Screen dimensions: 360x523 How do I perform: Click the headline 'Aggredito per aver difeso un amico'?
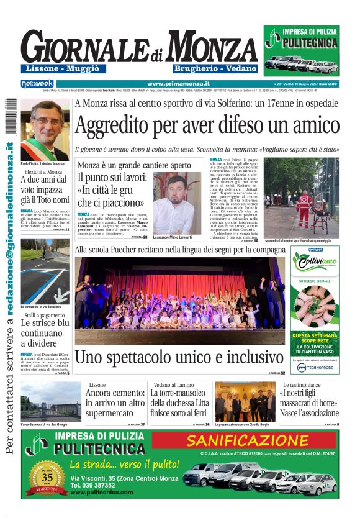pos(206,126)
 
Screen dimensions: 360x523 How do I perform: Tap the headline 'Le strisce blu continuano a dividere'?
pos(45,333)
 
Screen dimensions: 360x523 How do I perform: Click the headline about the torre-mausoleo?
pos(180,404)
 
